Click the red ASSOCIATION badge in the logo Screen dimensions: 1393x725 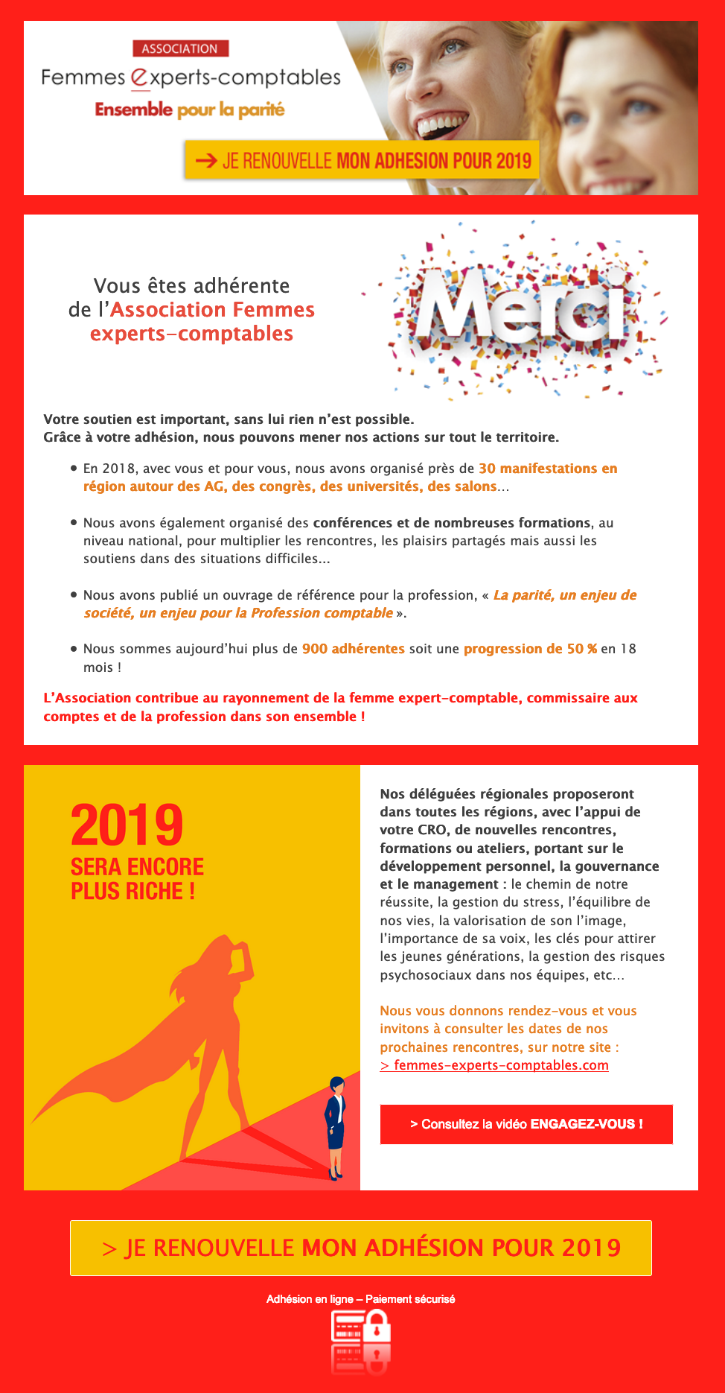[x=180, y=48]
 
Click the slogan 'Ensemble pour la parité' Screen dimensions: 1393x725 [x=190, y=110]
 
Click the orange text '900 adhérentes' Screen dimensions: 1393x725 [x=353, y=649]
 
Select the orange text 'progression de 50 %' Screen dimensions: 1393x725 [x=530, y=649]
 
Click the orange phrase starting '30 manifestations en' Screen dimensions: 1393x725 [x=547, y=469]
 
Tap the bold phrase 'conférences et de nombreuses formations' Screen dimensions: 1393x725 [x=452, y=523]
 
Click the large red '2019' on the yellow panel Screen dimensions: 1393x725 [x=127, y=825]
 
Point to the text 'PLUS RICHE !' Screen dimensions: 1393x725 [x=132, y=891]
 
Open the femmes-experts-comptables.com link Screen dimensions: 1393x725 [x=494, y=1065]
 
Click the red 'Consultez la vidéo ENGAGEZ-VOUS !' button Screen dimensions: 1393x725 [x=526, y=1124]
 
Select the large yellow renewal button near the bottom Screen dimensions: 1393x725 [x=361, y=1248]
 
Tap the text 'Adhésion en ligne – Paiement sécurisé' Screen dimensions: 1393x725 [x=361, y=1299]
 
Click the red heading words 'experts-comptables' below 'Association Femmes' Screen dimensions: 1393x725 [x=191, y=334]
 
